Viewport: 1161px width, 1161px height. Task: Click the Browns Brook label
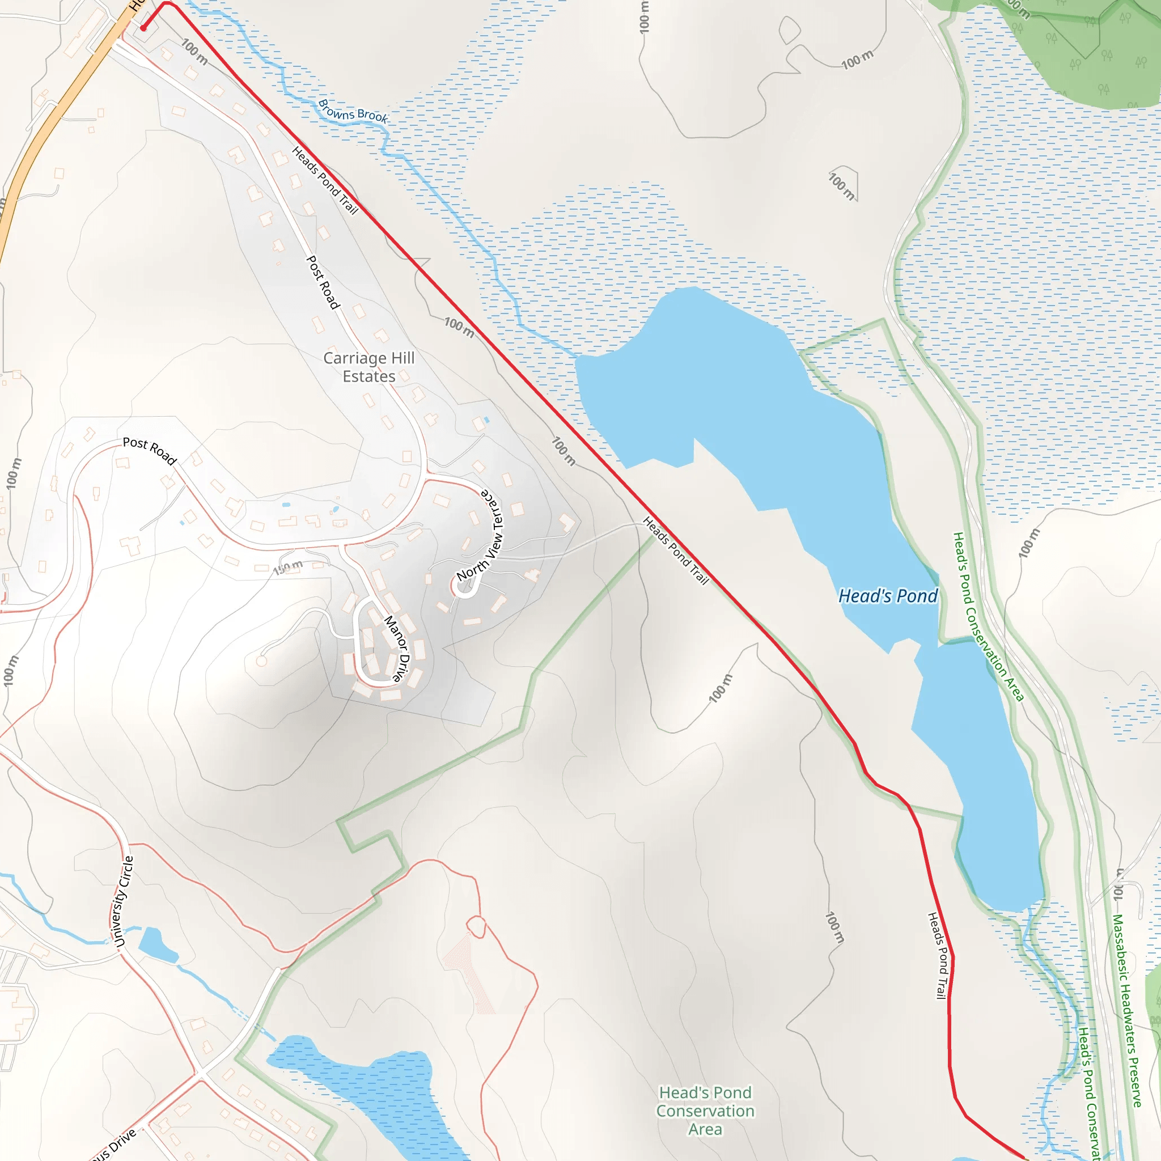coord(353,111)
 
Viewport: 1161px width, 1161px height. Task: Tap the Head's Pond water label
coord(888,596)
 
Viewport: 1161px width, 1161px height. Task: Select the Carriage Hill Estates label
coord(369,367)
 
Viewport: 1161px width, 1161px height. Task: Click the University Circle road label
coord(121,901)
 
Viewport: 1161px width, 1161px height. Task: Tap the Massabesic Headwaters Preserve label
coord(1127,1010)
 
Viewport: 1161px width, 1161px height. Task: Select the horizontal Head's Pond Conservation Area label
coord(705,1111)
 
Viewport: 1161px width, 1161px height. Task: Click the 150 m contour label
coord(289,567)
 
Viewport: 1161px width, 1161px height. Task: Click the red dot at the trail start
coord(143,28)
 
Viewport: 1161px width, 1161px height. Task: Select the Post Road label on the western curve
coord(150,451)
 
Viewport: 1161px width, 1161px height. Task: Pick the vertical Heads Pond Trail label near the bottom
coord(939,955)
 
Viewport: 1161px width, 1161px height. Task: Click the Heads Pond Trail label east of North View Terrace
coord(676,550)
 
